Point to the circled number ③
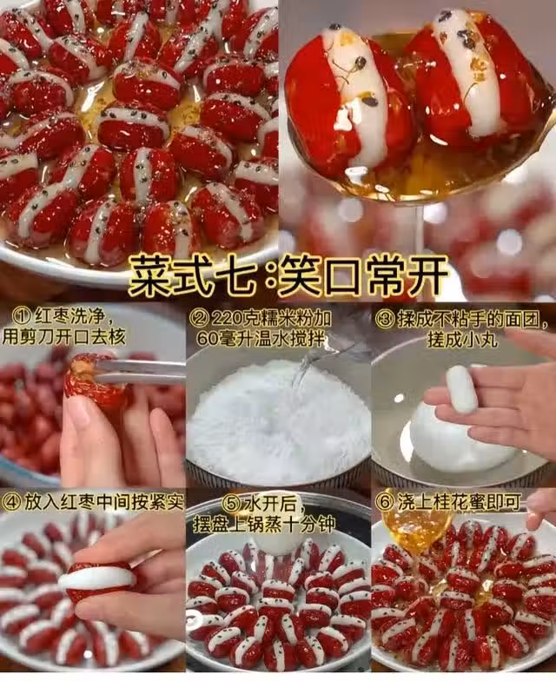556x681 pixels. coord(385,320)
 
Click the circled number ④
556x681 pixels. coord(12,503)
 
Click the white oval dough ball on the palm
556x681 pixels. coord(461,388)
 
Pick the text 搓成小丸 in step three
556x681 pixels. coord(461,339)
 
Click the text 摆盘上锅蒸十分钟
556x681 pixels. coord(264,524)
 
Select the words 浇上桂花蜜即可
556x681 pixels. coord(459,503)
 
